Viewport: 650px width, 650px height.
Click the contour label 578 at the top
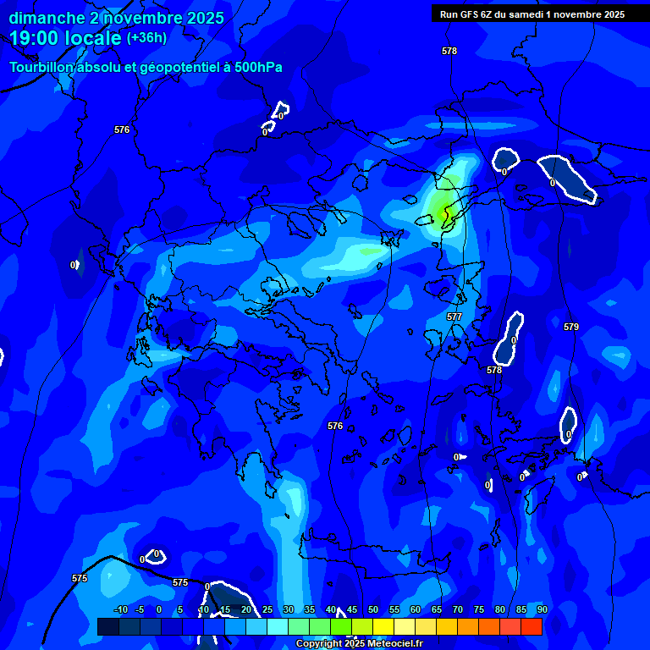coord(449,52)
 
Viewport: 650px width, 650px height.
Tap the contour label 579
coord(571,327)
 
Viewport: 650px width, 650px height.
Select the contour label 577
coord(454,317)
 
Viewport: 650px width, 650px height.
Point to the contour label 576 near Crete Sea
coord(335,426)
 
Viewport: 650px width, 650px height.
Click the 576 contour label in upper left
coord(122,129)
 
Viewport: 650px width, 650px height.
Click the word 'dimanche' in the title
coord(47,18)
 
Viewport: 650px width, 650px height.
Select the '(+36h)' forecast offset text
coord(146,38)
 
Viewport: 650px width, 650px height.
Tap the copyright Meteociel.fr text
coord(359,644)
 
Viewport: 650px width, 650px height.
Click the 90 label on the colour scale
coord(542,609)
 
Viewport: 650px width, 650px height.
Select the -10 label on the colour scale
coord(120,609)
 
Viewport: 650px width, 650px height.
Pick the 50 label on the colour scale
coord(373,609)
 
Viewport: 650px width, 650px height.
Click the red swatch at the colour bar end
coord(531,626)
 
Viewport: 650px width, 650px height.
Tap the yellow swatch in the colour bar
coord(383,626)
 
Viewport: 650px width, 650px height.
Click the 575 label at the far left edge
coord(80,578)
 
